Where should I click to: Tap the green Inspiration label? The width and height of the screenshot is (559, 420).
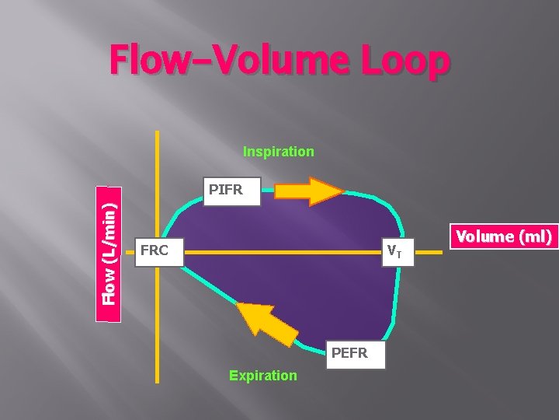pos(279,152)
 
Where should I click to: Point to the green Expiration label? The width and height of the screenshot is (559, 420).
pos(262,376)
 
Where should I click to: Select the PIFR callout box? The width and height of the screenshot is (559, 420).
pos(226,190)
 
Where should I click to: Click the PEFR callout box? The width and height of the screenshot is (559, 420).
pos(349,354)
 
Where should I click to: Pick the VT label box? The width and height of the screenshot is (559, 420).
pos(395,251)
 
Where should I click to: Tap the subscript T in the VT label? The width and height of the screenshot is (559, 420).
pos(399,254)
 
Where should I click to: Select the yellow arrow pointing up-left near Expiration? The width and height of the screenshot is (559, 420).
pos(267,324)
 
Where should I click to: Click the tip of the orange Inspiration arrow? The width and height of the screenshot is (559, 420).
pos(342,191)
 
